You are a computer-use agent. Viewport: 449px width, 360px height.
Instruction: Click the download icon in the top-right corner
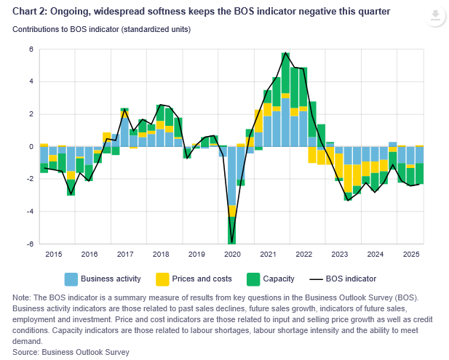(x=434, y=15)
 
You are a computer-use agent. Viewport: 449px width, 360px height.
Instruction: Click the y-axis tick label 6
(x=31, y=49)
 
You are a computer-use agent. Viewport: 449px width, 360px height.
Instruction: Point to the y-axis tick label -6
(x=30, y=244)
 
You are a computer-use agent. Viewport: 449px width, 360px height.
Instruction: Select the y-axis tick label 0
(x=31, y=147)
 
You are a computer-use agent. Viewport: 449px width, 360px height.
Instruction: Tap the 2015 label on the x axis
(x=53, y=255)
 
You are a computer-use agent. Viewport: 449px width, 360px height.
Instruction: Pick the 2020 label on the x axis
(x=232, y=255)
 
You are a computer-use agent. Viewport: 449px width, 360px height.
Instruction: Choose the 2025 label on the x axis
(x=411, y=255)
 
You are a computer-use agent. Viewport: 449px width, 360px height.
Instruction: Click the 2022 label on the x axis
(x=303, y=255)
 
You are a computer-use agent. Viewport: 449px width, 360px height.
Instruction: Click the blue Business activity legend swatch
(x=71, y=279)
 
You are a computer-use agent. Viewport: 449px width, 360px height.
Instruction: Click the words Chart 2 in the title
(x=32, y=12)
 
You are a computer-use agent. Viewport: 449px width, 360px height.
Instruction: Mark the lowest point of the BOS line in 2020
(x=232, y=243)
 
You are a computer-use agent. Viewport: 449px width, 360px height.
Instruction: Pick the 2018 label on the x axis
(x=160, y=255)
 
